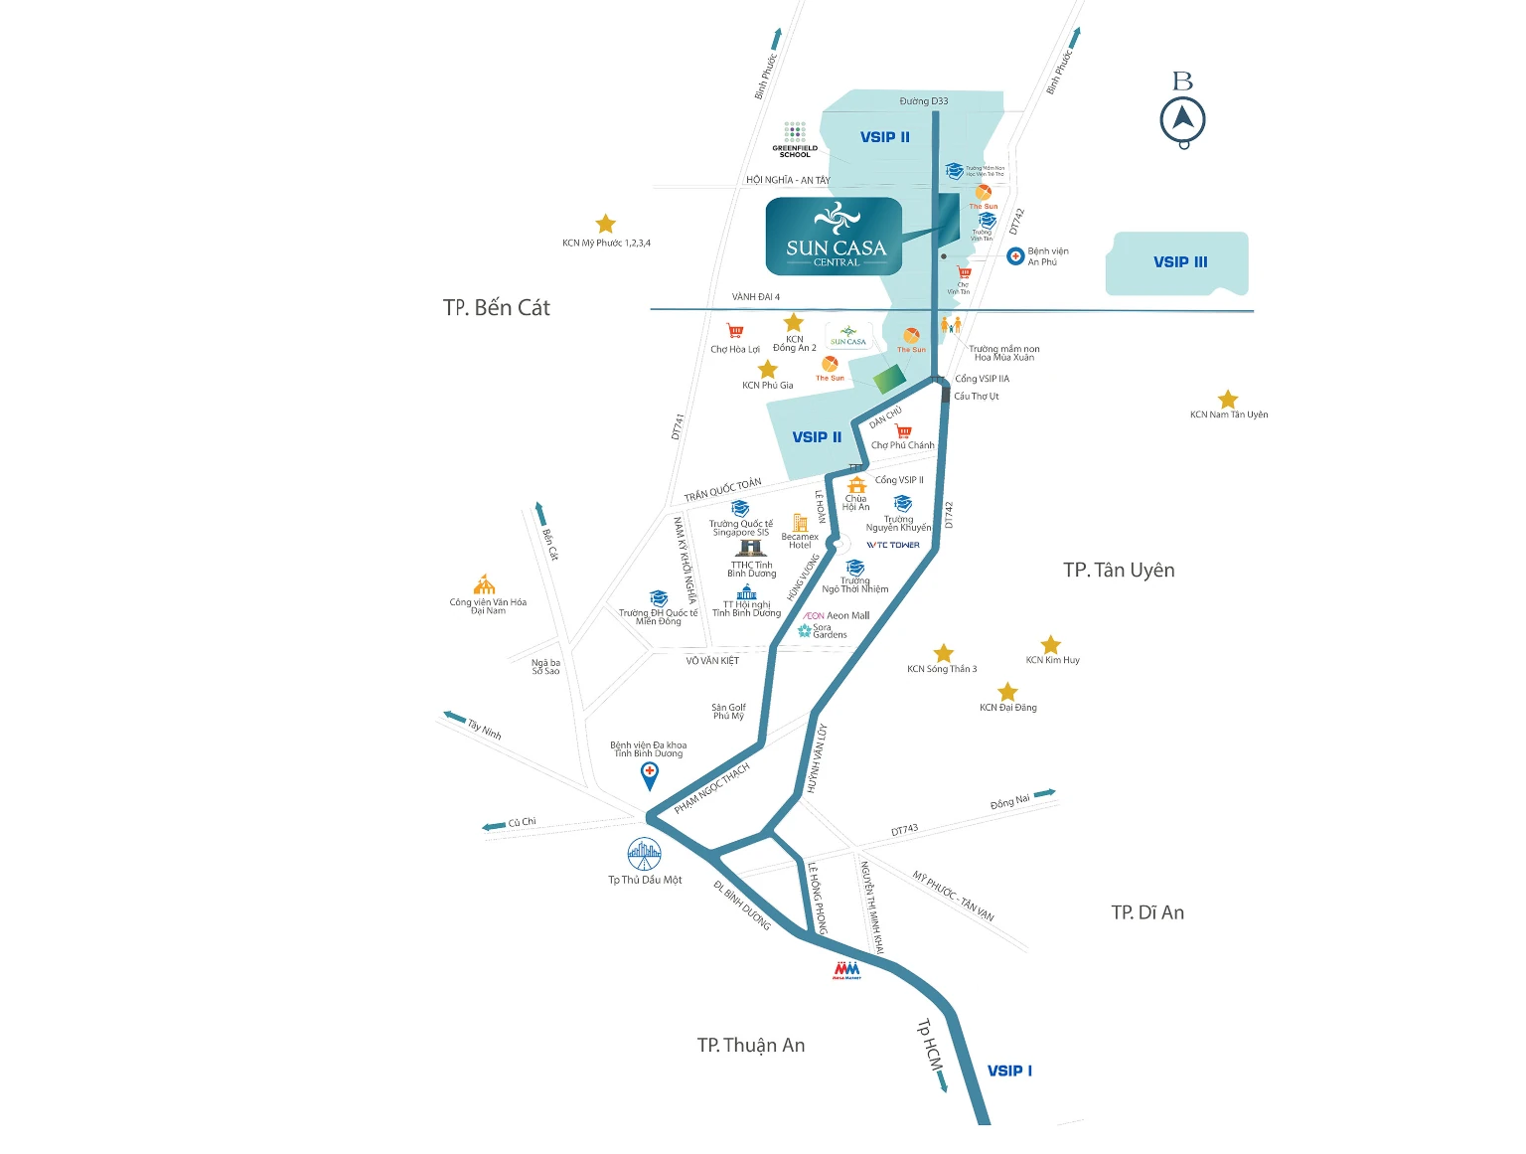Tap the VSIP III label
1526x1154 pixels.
point(1180,262)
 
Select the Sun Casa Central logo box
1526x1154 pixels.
point(834,237)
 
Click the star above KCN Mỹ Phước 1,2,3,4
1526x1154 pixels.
point(605,224)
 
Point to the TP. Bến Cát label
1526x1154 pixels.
point(496,308)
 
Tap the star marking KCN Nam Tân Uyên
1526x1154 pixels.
point(1228,400)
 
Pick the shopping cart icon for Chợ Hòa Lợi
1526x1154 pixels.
point(735,331)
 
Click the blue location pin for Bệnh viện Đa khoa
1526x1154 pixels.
point(649,775)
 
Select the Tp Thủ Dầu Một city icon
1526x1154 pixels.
point(644,854)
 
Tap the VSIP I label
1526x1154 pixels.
point(1009,1071)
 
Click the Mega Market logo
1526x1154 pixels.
point(846,970)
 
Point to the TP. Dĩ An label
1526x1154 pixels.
point(1147,912)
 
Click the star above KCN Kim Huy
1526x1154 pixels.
point(1051,644)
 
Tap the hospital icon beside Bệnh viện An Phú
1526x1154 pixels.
point(1015,256)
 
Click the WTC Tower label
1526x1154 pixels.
point(893,545)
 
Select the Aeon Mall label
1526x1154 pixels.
point(837,616)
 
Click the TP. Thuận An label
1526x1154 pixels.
point(751,1045)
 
